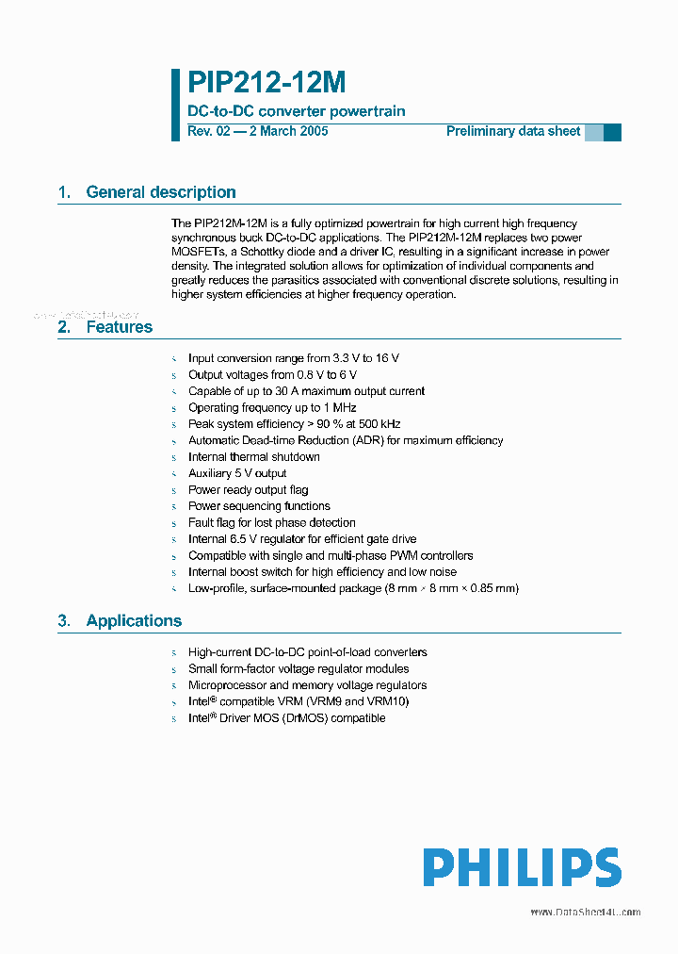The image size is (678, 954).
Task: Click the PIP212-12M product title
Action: tap(266, 84)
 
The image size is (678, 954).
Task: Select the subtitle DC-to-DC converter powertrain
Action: tap(297, 111)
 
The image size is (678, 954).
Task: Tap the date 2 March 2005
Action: tap(287, 132)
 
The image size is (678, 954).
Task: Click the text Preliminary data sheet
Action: tap(513, 132)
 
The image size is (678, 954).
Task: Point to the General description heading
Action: tap(160, 192)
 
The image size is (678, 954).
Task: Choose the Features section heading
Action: tap(119, 327)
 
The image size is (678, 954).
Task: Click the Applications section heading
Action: tap(134, 620)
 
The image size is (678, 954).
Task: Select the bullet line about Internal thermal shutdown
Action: tap(254, 457)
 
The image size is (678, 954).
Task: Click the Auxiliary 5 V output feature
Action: tap(237, 473)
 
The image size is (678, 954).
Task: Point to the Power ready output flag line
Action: tap(248, 490)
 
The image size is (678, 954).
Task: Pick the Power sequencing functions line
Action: tap(259, 506)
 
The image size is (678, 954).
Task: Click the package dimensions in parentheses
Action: tap(451, 588)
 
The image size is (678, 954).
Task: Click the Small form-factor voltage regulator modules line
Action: tap(299, 668)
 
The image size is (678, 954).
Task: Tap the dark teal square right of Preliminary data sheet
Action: tap(612, 132)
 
